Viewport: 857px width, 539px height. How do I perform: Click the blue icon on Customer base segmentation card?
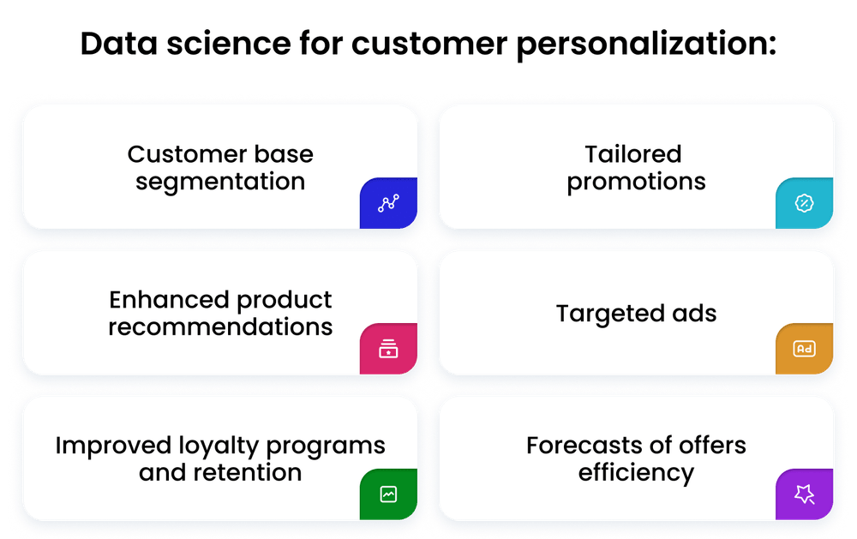[x=388, y=203]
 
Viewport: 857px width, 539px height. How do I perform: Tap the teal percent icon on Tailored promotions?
[x=804, y=203]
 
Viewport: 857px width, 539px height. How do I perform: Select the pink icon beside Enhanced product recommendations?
[x=388, y=349]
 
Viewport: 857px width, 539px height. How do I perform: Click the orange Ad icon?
[x=804, y=349]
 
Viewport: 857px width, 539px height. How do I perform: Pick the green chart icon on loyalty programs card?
[x=388, y=494]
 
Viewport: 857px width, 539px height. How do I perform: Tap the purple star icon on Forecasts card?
[x=804, y=494]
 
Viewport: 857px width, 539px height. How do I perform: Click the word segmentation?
[x=220, y=182]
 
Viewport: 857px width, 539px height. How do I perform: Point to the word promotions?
[x=636, y=182]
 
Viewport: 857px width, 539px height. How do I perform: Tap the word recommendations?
[x=220, y=327]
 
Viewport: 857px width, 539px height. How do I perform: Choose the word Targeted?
[x=606, y=314]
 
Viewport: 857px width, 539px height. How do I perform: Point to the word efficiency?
[x=636, y=472]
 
